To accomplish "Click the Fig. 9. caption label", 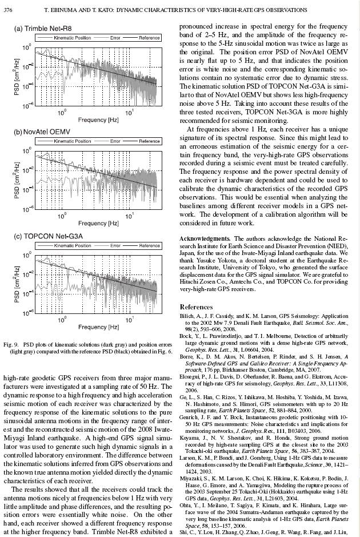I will coord(13,344).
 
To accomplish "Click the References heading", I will coord(196,307).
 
